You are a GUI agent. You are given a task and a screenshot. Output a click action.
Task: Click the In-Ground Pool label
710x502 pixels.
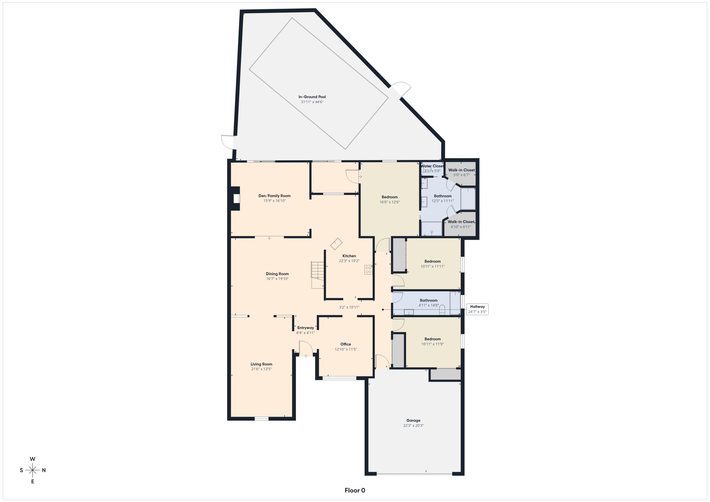tap(312, 97)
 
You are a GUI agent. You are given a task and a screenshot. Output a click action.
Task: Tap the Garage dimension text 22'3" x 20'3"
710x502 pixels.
tap(413, 426)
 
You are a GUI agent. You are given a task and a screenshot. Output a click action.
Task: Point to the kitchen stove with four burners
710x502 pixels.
tap(368, 270)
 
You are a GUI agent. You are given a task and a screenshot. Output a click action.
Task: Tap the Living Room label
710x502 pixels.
tap(261, 364)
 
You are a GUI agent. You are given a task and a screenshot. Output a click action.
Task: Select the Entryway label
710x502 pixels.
tap(306, 328)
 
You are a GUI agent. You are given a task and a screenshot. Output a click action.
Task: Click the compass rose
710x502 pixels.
tap(32, 470)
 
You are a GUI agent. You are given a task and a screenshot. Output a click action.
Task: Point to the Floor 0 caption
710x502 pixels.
tap(355, 490)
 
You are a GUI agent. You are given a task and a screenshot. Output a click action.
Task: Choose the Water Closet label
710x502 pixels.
tap(432, 166)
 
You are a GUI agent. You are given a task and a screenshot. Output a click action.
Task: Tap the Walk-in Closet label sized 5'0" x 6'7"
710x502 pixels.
tap(461, 170)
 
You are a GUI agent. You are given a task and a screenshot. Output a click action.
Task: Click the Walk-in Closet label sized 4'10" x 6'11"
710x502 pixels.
tap(461, 222)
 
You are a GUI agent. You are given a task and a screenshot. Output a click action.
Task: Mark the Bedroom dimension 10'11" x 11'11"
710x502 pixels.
tap(432, 266)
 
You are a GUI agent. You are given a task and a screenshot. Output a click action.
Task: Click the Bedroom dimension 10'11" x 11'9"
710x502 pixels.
tap(432, 344)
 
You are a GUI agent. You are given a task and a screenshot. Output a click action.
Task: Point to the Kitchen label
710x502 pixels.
tap(349, 256)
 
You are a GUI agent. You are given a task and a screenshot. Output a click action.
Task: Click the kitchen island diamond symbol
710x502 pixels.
tap(336, 244)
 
